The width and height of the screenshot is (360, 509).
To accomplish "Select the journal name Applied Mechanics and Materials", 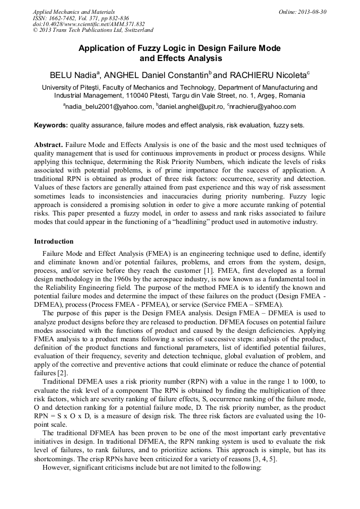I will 74,12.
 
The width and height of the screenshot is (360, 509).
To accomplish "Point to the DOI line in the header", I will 89,24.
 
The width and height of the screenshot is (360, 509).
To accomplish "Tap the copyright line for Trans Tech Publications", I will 93,31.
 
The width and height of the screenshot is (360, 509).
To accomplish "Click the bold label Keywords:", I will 51,126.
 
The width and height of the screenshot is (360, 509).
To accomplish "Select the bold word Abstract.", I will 49,145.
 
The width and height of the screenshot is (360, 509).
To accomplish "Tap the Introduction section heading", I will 54,241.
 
